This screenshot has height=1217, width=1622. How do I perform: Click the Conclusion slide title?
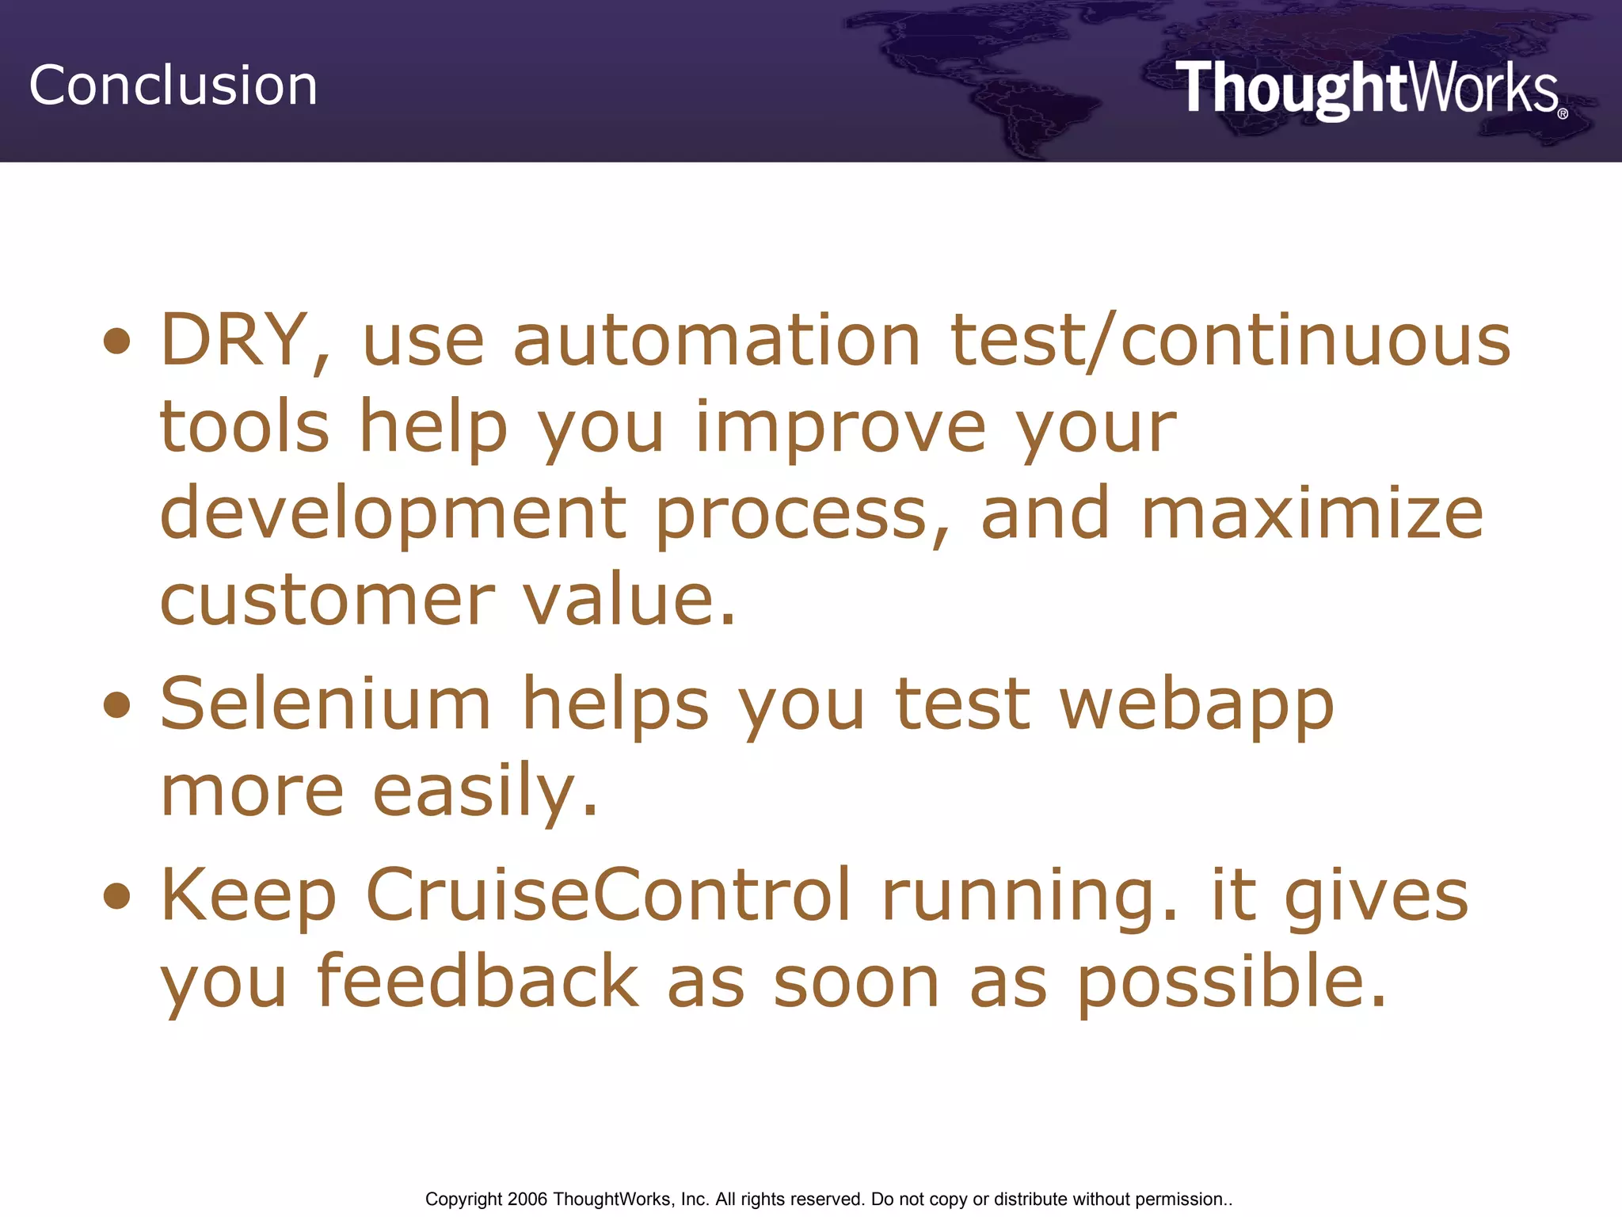[173, 86]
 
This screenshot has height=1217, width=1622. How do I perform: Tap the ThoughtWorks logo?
[1366, 89]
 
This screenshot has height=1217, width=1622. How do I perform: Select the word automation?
[717, 341]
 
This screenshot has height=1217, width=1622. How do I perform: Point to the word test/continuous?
[1230, 341]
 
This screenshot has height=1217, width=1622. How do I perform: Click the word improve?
[840, 428]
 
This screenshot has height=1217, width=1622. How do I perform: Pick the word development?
[393, 514]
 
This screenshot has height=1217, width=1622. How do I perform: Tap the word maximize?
[1312, 514]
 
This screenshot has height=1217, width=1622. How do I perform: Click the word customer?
[327, 601]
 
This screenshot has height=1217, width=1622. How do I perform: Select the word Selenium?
[326, 704]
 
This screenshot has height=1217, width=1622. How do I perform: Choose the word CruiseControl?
[608, 895]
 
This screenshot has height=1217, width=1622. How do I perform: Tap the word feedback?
[477, 982]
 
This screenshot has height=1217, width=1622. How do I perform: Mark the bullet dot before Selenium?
[116, 704]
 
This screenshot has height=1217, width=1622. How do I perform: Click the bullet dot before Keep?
[116, 896]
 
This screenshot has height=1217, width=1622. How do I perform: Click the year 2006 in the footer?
[527, 1200]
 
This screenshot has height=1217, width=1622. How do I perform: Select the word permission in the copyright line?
[1179, 1200]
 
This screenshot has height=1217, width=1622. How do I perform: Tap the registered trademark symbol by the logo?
[1562, 114]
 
